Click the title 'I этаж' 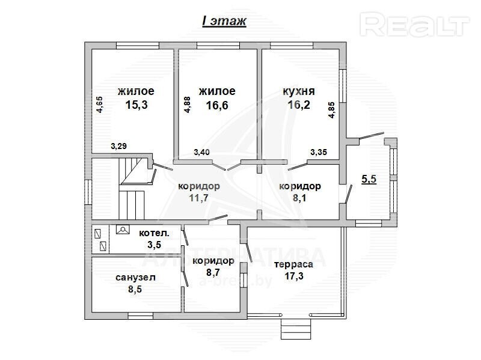224,21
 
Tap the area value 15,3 136,105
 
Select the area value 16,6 217,105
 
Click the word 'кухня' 298,91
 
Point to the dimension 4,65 100,105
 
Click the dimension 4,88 187,105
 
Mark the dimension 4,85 332,110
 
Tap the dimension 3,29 118,146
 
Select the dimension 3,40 202,151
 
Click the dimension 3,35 319,152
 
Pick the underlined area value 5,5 369,178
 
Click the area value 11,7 199,198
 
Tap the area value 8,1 299,198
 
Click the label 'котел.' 154,233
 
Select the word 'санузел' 136,278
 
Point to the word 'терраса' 293,264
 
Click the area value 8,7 213,272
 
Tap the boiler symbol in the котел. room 123,230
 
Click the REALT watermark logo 414,24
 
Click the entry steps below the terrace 296,328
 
